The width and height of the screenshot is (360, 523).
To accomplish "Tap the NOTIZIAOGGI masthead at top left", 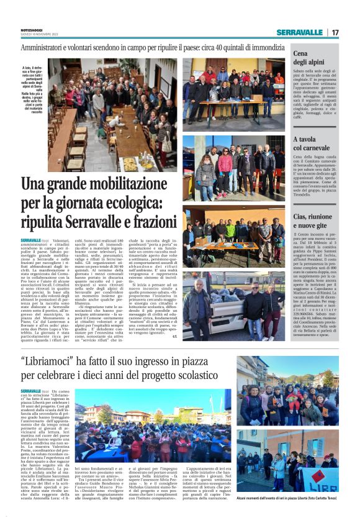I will click(32, 30).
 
